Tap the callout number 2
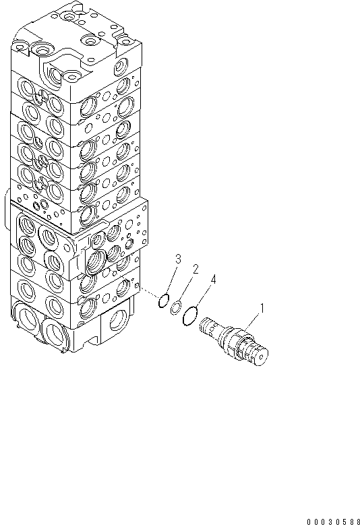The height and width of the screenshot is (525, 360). coord(196,270)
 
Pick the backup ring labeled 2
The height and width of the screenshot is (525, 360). coord(175,307)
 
